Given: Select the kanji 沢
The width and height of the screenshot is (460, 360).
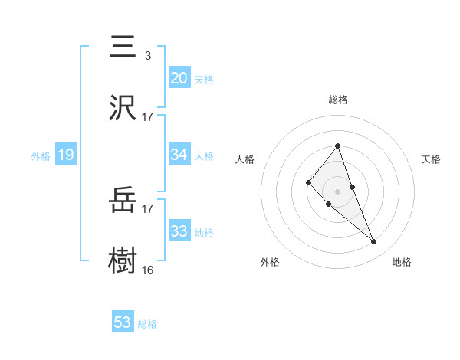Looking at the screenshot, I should coord(123,107).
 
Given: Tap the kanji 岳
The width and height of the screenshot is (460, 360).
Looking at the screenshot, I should coord(123,201).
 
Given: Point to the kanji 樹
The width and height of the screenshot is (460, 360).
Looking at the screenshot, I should coord(123,261).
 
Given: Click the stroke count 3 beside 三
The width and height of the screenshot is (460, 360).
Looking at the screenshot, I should coord(147,55).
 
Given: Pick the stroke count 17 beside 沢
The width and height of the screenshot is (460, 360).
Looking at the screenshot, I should coord(148,116).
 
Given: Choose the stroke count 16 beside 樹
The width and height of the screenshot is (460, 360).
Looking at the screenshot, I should coord(148,270).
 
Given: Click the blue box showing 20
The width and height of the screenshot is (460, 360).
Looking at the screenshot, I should coord(179,78).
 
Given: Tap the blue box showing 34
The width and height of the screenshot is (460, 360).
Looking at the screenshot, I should coord(179,155).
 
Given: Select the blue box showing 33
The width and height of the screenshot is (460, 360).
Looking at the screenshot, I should coord(179,231).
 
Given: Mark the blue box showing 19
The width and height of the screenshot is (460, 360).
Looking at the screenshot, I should coord(66,155).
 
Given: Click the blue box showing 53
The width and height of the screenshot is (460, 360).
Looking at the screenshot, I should coord(123,322).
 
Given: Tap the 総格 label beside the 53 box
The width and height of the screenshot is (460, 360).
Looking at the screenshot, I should coord(147,324).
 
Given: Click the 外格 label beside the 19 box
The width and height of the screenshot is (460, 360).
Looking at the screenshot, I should coord(41,156).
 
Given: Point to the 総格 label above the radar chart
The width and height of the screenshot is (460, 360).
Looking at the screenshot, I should coord(337,100).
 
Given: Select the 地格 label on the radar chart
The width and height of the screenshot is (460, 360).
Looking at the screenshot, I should coord(402,262).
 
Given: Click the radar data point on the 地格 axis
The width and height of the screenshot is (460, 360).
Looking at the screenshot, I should coord(374,242).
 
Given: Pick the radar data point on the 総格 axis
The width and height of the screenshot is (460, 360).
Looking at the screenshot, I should coord(337,146).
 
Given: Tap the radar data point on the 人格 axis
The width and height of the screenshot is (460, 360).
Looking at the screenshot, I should coord(308,182).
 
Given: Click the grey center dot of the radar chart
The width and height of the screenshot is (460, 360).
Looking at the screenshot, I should coord(337,191).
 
